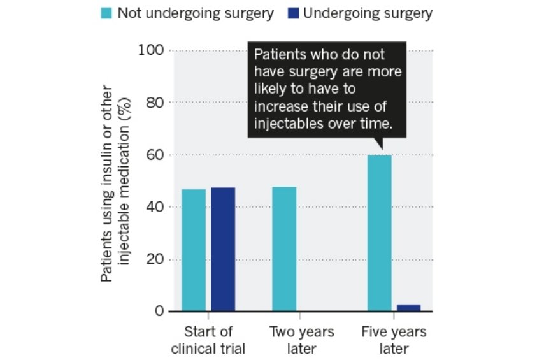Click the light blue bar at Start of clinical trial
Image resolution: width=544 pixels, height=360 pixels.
[194, 250]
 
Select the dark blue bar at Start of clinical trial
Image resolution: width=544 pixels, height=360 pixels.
[223, 249]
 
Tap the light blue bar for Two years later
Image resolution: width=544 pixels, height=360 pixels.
[284, 249]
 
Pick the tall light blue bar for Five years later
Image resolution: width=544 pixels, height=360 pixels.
[380, 233]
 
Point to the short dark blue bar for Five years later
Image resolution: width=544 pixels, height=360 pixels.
[409, 308]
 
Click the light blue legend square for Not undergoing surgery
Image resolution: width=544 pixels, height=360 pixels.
[106, 13]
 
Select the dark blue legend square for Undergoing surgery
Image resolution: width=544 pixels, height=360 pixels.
[293, 13]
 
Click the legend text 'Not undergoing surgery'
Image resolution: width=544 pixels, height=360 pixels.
[196, 13]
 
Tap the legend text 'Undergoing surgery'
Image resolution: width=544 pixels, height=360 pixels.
[368, 13]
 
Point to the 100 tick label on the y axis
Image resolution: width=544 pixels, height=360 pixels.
[151, 50]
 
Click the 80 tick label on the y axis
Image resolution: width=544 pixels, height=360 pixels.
[155, 103]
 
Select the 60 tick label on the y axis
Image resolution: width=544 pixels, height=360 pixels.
[155, 155]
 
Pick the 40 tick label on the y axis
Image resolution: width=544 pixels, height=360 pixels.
[155, 207]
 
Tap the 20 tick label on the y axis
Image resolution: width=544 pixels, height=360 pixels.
[155, 259]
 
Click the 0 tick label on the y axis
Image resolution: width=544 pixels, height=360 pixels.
[159, 311]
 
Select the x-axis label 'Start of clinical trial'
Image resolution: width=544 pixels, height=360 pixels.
[208, 340]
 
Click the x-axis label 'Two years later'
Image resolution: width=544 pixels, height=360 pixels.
[301, 340]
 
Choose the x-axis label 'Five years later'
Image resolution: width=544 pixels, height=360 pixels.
[394, 340]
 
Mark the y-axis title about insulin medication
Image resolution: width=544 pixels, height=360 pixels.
[115, 184]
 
